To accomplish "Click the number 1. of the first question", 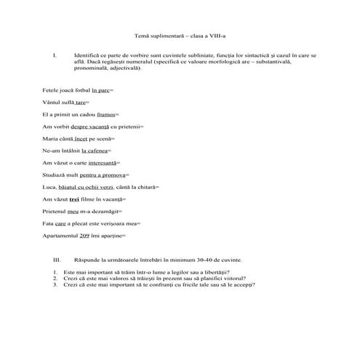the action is point(55,272).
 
